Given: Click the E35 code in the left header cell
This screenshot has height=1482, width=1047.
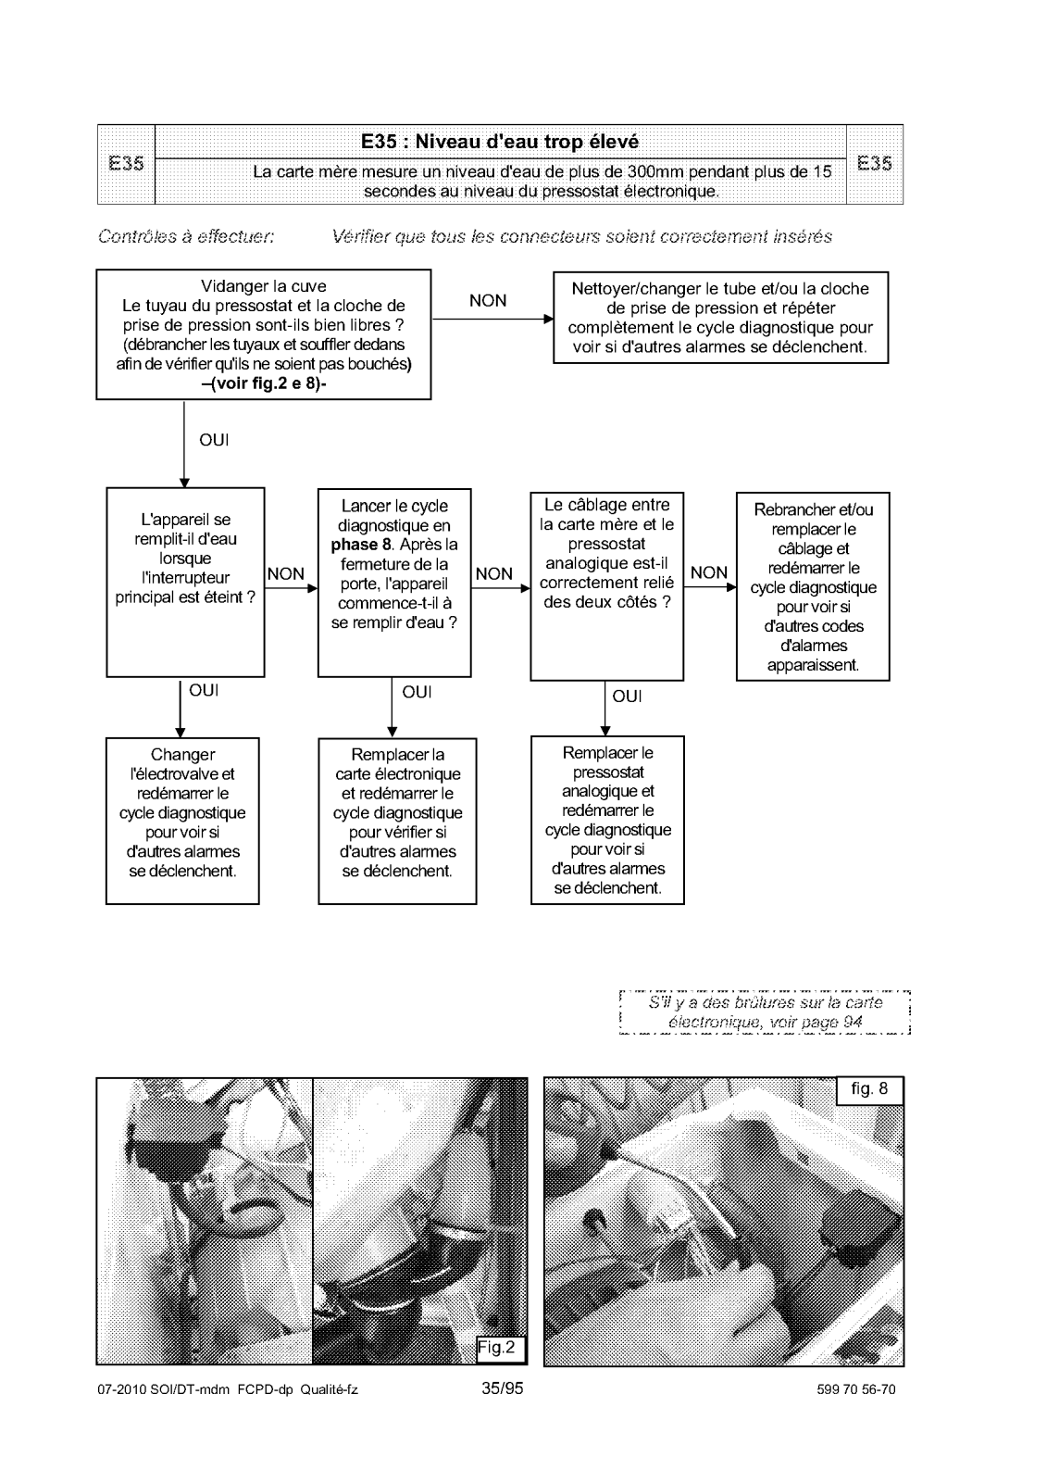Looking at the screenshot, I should [x=126, y=164].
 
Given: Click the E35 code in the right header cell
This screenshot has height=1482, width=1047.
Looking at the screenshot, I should [x=874, y=164].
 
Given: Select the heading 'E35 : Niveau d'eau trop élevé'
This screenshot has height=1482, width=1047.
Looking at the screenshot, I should [x=500, y=142].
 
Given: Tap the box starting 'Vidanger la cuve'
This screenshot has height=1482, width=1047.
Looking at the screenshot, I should [x=263, y=334].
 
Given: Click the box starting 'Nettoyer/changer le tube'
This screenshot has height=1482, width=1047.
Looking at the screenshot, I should [x=720, y=318].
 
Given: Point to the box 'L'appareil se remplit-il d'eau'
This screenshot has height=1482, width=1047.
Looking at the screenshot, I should [x=185, y=582].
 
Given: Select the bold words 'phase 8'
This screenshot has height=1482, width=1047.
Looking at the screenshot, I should [x=361, y=545].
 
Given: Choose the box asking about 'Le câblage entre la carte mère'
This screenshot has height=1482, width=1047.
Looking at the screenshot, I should [x=607, y=586].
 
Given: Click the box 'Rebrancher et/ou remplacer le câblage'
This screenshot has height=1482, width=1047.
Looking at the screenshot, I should [x=813, y=586].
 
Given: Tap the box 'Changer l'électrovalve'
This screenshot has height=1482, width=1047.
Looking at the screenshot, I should [x=182, y=821].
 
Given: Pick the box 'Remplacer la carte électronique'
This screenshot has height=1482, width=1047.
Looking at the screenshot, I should [x=397, y=821].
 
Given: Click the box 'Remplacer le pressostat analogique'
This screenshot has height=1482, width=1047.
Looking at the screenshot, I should [x=607, y=821].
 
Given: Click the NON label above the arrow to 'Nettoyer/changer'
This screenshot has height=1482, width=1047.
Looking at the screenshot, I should [x=488, y=301].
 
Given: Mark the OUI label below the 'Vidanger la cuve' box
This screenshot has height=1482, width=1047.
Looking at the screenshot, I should [x=214, y=440].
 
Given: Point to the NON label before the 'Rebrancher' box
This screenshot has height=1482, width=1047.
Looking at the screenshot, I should [x=709, y=572].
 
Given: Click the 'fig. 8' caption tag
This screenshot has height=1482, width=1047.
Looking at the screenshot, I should [x=869, y=1089].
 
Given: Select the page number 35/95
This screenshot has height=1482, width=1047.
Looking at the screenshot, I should [x=503, y=1388].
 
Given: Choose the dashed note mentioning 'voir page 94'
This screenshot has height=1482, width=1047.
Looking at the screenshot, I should [x=765, y=1012].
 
